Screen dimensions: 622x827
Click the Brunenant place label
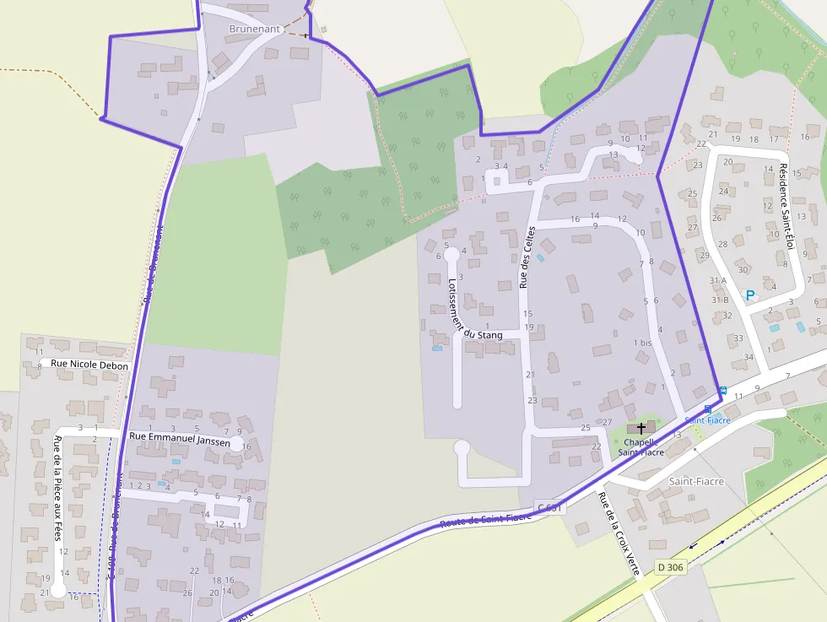pos(254,29)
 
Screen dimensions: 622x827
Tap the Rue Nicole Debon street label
pos(89,365)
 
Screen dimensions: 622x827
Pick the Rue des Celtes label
pos(527,257)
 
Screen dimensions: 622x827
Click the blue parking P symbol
pos(749,295)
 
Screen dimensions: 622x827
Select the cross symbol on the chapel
pos(641,429)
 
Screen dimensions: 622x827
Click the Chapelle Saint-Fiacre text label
pos(641,446)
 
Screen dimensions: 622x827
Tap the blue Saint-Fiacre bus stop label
pos(707,419)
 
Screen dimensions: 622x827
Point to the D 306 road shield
pos(671,566)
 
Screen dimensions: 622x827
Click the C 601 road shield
pos(549,507)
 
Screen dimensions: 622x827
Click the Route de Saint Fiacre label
pos(485,519)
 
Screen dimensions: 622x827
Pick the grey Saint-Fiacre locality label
pos(697,481)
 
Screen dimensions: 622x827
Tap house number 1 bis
pos(642,343)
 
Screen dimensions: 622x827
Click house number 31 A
pos(718,281)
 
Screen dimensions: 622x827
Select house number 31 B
pos(719,300)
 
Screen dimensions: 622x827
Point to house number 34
pos(748,357)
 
